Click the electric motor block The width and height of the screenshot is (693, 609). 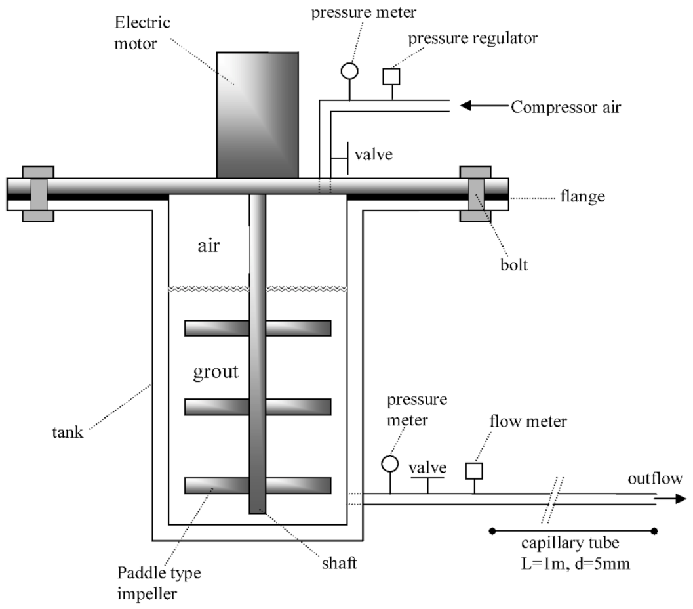[258, 114]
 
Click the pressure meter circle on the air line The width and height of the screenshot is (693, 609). [349, 70]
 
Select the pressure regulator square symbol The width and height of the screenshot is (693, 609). [391, 77]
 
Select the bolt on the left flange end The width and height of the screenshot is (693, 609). [38, 194]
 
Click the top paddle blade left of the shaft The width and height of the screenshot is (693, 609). [216, 328]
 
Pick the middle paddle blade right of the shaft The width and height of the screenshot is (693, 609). [298, 407]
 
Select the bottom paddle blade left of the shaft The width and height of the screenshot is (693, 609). [216, 486]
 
